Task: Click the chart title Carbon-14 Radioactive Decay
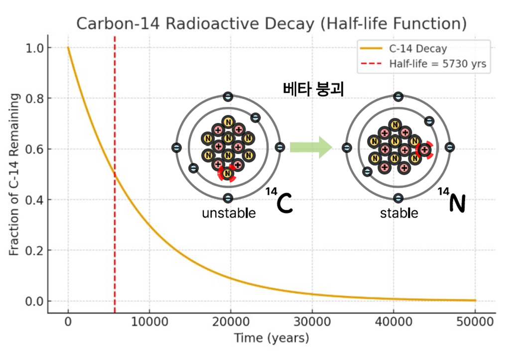[x=271, y=23]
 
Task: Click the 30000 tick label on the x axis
[x=312, y=322]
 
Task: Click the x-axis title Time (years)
[x=271, y=339]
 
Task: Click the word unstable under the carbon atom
[x=229, y=214]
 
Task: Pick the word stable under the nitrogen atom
[x=399, y=214]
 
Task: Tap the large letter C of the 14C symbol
[x=284, y=205]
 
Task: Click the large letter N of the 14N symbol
[x=456, y=203]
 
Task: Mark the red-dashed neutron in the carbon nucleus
[x=228, y=173]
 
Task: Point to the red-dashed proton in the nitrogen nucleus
[x=424, y=149]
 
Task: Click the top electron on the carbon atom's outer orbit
[x=228, y=97]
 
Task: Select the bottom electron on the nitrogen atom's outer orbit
[x=398, y=198]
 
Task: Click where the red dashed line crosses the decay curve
[x=115, y=174]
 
